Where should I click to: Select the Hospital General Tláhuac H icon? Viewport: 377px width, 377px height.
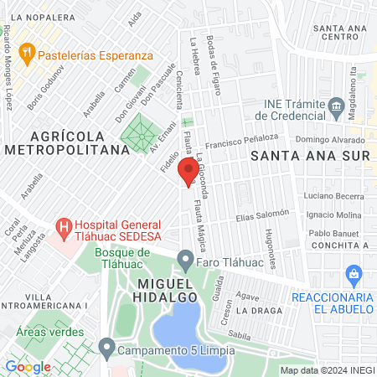point(63,225)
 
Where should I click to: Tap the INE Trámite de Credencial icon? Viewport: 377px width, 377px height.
point(337,105)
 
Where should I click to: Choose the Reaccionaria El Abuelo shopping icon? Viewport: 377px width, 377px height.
point(354,274)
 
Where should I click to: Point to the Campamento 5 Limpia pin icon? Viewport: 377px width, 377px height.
point(106,346)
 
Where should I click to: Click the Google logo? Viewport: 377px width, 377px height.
point(28,366)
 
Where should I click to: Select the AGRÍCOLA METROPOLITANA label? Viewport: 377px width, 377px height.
point(79,142)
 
